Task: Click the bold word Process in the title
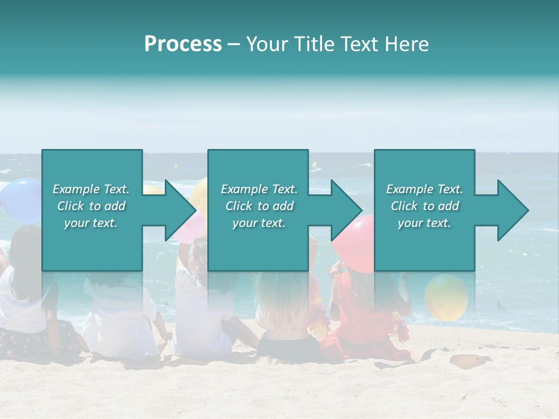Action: click(x=183, y=44)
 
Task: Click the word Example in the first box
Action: click(x=75, y=189)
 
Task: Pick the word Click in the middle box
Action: click(x=238, y=206)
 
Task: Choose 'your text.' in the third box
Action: click(x=424, y=223)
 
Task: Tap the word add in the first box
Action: click(x=115, y=206)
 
